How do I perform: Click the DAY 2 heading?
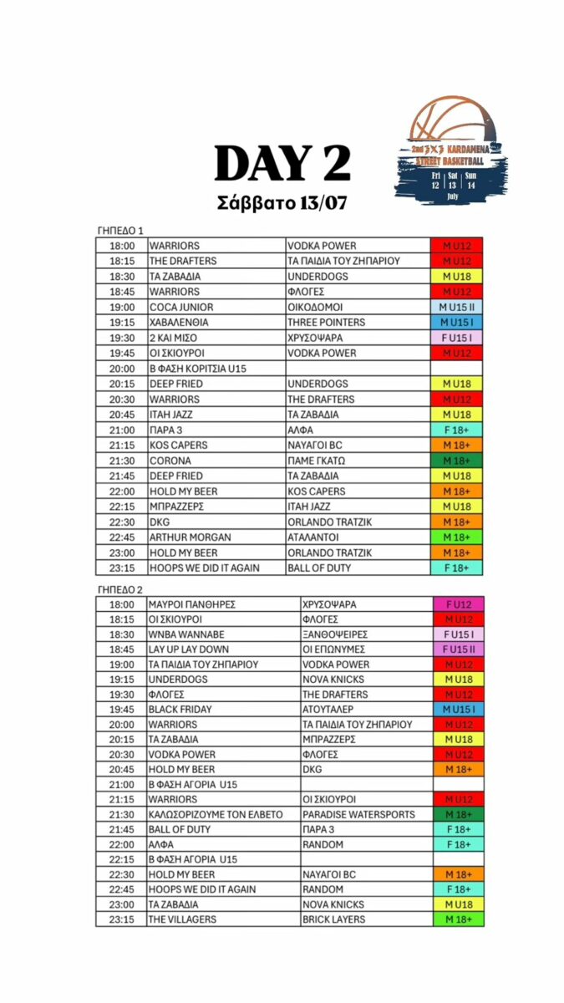point(282,163)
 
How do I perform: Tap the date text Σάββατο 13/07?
point(282,204)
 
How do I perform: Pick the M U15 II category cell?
point(457,307)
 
